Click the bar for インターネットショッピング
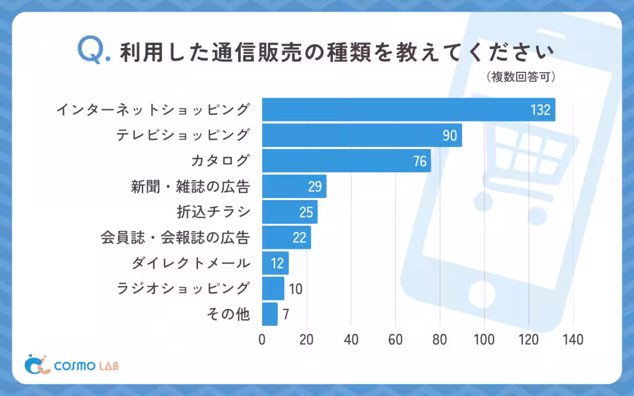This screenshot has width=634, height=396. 408,110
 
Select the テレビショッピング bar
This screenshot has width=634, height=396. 362,135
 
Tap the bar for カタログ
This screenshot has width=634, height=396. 346,161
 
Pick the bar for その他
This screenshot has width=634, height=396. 269,314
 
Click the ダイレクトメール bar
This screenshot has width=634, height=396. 275,263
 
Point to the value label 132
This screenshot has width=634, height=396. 540,110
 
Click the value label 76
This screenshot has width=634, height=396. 419,162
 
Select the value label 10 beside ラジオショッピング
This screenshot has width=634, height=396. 296,289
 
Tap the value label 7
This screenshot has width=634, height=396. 286,315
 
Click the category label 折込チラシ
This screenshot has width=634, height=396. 213,212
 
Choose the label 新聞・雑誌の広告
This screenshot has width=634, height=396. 190,186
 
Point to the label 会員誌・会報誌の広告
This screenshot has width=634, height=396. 175,238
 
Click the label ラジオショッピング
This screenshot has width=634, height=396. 182,289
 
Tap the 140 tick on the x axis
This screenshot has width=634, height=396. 573,340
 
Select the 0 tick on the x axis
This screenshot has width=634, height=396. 262,340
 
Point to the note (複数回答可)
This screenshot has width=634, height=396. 521,77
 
